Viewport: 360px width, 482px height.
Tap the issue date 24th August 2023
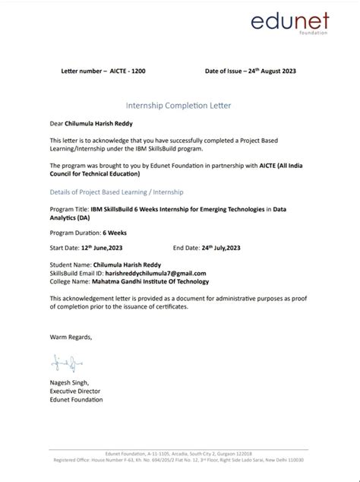(x=270, y=71)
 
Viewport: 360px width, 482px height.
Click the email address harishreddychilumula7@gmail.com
(x=149, y=272)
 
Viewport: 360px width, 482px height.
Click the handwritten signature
(x=60, y=361)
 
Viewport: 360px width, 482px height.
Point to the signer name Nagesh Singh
(x=70, y=382)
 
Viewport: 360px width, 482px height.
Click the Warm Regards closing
(x=71, y=336)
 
